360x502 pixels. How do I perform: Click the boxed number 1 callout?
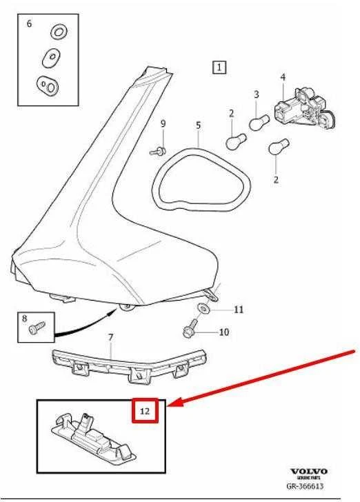(219, 68)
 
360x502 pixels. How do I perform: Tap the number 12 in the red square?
(145, 411)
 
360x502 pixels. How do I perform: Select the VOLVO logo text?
(309, 472)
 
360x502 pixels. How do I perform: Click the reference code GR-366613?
(305, 486)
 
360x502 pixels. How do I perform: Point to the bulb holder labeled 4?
(304, 107)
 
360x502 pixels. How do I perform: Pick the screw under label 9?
(158, 151)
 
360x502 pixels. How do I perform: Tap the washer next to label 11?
(203, 308)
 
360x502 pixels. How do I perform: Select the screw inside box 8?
(37, 328)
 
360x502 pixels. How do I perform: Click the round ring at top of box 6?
(59, 32)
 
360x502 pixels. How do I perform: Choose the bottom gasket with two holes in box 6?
(48, 85)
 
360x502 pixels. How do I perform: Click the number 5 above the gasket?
(198, 125)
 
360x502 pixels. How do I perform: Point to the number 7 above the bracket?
(110, 337)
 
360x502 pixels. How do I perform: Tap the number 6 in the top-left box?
(29, 23)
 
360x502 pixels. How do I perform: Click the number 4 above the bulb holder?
(283, 77)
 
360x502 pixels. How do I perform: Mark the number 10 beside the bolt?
(224, 332)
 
